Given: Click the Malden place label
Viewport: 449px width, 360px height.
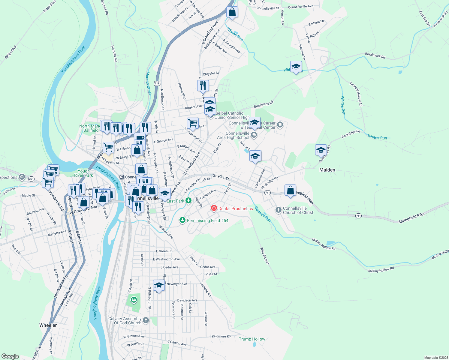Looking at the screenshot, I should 327,170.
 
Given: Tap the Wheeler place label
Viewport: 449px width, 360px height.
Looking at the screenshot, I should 48,325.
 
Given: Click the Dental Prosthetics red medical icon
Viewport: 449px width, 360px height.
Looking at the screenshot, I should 214,208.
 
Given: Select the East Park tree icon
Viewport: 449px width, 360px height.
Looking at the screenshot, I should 188,201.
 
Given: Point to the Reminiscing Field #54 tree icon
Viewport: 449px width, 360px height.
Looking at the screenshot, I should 182,220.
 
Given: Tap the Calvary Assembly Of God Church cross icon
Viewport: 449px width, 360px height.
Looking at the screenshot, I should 146,320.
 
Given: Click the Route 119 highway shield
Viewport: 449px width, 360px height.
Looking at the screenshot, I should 157,83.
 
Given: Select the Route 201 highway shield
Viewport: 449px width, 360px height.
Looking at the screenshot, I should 32,179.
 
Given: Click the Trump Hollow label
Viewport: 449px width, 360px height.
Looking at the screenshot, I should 252,339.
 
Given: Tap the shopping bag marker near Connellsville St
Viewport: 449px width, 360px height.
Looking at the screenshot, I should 232,12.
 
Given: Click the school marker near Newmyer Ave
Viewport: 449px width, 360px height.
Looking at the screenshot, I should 159,285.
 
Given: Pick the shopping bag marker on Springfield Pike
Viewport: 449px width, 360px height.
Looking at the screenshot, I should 290,190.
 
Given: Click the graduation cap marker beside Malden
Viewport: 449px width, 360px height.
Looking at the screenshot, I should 321,149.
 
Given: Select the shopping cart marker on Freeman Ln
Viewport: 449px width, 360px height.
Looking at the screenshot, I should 193,123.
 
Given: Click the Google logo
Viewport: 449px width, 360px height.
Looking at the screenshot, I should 10,356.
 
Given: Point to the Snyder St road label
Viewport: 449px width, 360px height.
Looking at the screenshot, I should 221,177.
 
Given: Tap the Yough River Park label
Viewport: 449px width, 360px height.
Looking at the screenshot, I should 83,173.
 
